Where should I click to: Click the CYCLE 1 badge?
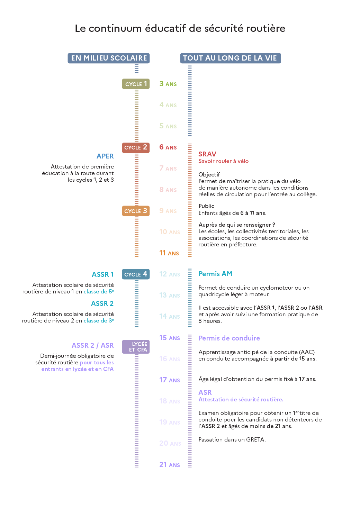[136, 84]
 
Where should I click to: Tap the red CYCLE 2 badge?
[136, 147]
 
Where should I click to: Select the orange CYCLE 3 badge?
[136, 211]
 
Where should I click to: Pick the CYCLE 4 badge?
[136, 274]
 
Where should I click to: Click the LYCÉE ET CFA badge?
[136, 347]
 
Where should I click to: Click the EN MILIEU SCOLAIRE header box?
[109, 58]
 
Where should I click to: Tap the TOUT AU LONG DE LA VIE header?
[231, 58]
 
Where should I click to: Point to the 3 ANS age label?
[168, 84]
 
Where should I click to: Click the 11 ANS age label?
[169, 253]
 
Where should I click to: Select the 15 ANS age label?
[170, 338]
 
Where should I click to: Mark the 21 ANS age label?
[170, 465]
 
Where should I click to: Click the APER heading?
[105, 156]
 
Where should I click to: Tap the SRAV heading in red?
[207, 154]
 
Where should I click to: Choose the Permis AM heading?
[215, 274]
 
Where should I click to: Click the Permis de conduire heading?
[229, 338]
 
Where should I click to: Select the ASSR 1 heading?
[102, 274]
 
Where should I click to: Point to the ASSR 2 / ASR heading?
[92, 345]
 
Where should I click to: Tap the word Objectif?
[209, 174]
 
